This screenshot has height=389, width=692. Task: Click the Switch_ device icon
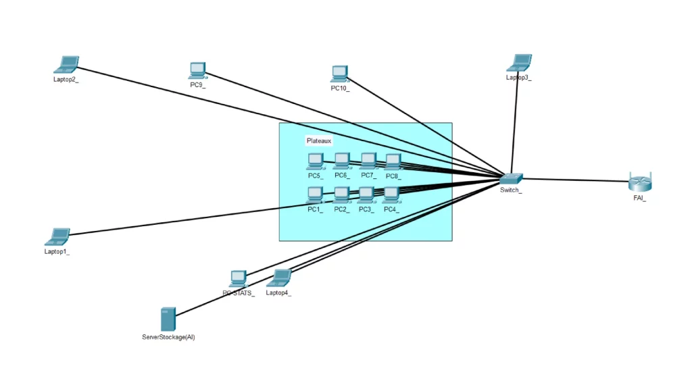511,178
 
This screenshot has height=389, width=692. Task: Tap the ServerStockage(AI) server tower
168,319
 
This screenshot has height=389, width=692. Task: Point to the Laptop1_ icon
57,236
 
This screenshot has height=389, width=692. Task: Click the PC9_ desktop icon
197,69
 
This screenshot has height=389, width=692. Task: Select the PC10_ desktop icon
339,73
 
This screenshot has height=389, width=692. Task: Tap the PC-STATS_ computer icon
238,278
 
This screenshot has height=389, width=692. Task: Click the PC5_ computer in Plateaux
315,161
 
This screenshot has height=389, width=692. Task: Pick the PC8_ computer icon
393,161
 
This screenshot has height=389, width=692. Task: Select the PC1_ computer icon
315,194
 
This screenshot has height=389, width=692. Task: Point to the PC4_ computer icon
391,194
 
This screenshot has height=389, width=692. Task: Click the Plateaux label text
319,141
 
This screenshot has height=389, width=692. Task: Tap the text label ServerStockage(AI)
168,336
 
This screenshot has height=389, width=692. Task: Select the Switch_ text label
511,190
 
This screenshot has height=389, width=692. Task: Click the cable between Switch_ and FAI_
574,180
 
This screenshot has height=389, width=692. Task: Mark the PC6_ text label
341,176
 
